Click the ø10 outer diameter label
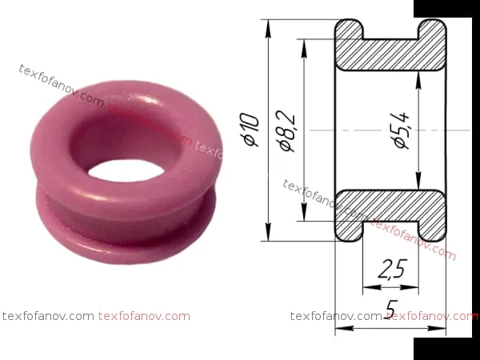250,130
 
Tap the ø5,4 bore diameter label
400,130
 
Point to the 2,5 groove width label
393,269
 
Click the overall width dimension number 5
391,309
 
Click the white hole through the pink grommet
126,170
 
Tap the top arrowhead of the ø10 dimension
268,28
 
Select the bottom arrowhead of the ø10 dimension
268,232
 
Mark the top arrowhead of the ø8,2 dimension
304,48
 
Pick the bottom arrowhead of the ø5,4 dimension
418,181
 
